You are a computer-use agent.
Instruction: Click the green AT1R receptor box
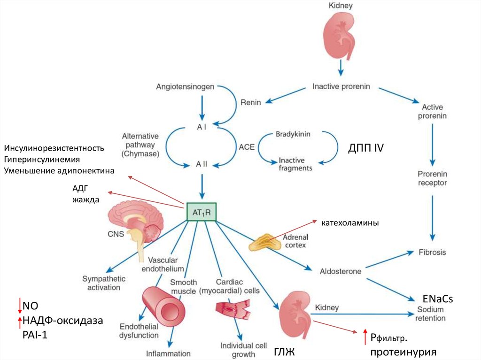point(202,212)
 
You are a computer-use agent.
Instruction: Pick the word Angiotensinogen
point(186,87)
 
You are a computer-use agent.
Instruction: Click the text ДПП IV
point(366,148)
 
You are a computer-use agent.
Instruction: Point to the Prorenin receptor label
point(432,178)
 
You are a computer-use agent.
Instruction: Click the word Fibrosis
point(432,252)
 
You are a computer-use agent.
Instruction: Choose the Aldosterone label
point(341,271)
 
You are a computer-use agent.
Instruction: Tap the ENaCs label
point(437,299)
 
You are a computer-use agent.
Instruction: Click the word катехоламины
point(350,222)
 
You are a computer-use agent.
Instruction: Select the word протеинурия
point(403,352)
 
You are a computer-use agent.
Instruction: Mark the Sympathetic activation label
point(101,283)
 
